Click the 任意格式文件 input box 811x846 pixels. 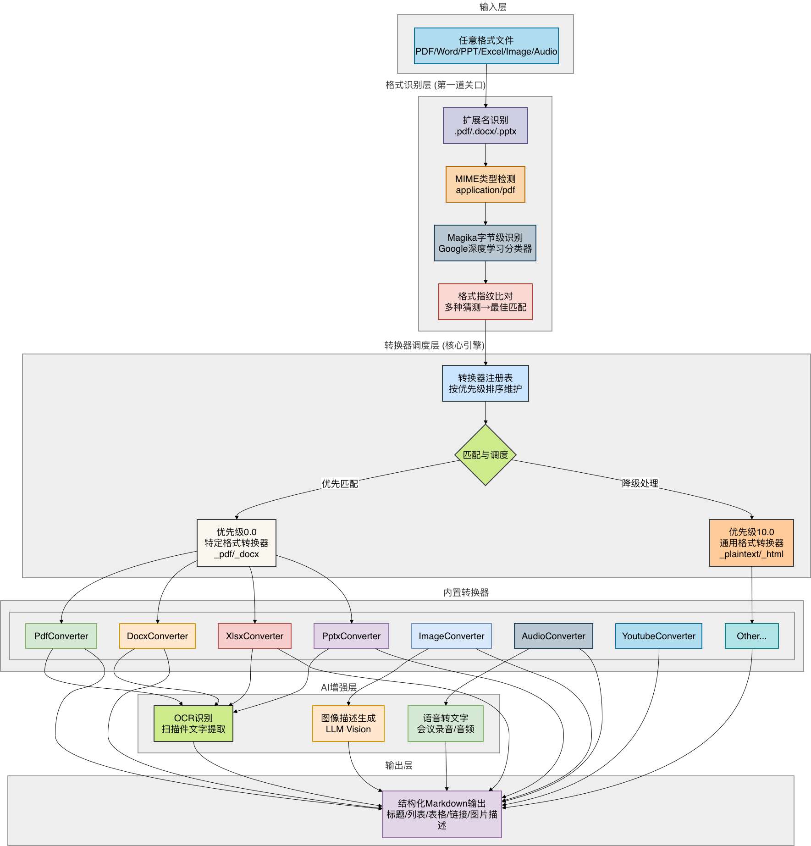click(x=486, y=46)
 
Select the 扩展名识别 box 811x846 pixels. click(x=485, y=126)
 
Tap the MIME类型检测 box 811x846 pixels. click(x=485, y=184)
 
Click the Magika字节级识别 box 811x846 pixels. click(x=485, y=243)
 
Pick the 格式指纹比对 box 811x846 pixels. click(x=485, y=302)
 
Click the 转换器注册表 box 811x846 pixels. click(x=485, y=383)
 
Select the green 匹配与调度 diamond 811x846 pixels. click(x=485, y=455)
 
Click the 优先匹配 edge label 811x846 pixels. click(x=340, y=484)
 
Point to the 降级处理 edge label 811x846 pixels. click(x=640, y=483)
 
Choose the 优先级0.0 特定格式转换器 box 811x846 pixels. click(x=236, y=543)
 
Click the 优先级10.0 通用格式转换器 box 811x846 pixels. click(x=751, y=543)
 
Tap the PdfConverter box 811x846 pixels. click(x=61, y=636)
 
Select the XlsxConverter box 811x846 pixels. click(x=254, y=636)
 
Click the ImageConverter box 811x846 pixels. click(x=451, y=636)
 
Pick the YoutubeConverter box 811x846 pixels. click(x=658, y=636)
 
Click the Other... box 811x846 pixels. click(x=751, y=636)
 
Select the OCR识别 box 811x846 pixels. click(x=193, y=724)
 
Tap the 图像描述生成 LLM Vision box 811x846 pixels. click(x=348, y=724)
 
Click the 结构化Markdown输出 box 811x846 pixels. click(x=441, y=814)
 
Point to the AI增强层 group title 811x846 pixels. click(x=339, y=687)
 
